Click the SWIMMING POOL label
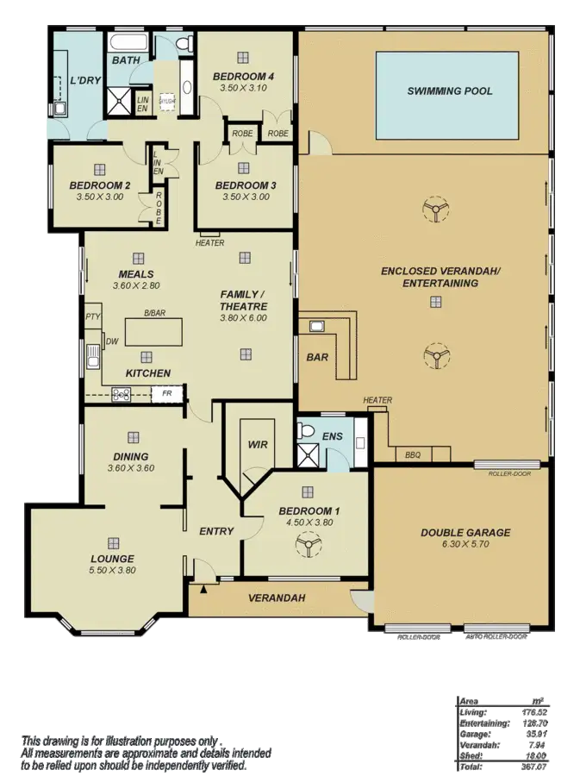click(450, 91)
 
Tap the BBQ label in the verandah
click(413, 454)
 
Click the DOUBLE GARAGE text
click(465, 533)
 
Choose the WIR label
click(256, 446)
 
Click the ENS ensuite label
click(333, 436)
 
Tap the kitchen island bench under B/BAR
click(155, 331)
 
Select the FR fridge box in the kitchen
click(167, 394)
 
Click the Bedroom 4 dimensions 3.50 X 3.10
click(243, 89)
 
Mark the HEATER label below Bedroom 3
click(209, 243)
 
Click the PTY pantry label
click(92, 317)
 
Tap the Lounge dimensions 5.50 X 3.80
click(113, 570)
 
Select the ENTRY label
click(216, 531)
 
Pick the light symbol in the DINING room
click(133, 437)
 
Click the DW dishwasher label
click(111, 342)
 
